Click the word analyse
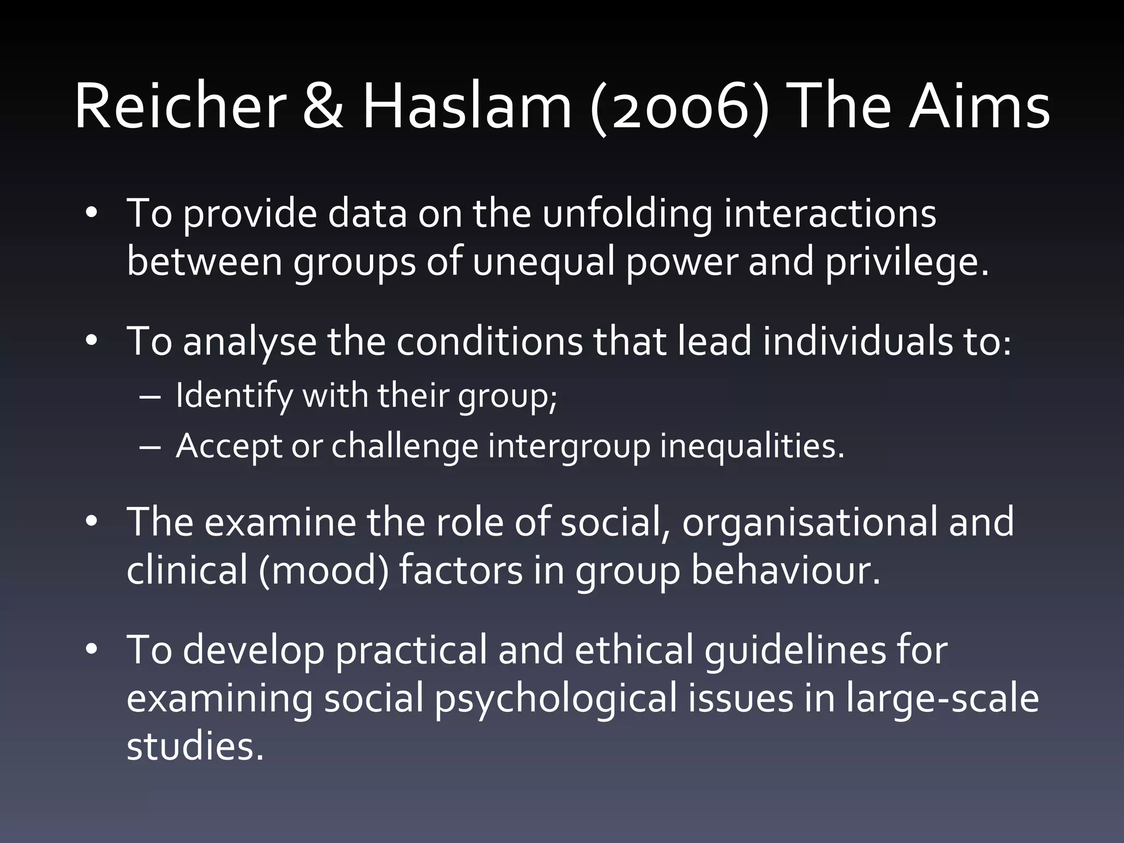pos(250,341)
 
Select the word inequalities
pos(752,446)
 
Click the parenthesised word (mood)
pos(323,570)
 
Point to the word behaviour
pos(785,570)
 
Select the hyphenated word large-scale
pos(942,699)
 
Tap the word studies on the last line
pos(195,746)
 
